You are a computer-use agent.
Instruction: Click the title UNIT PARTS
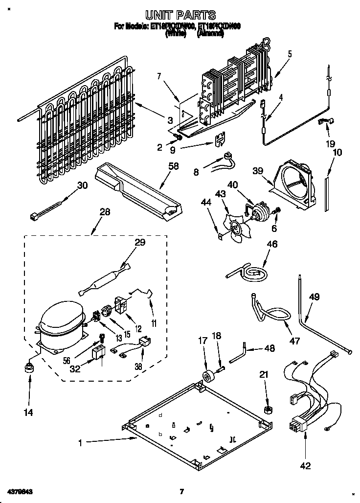[x=180, y=15]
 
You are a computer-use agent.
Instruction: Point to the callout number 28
[x=104, y=212]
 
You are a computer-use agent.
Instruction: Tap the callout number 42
[x=305, y=466]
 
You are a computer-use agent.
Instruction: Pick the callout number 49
[x=314, y=296]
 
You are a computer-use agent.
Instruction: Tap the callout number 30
[x=83, y=185]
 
